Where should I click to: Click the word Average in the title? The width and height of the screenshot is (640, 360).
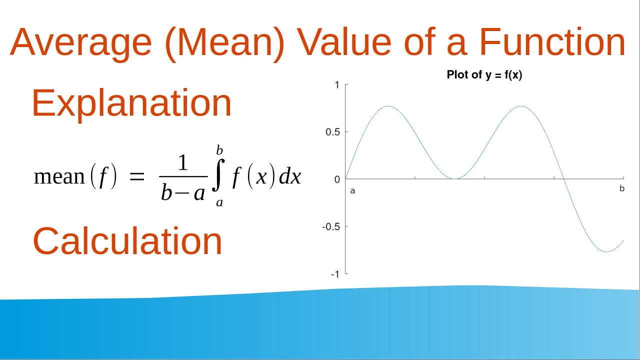80,42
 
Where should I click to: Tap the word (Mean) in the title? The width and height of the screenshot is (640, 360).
225,43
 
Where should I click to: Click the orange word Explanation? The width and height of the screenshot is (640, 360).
131,103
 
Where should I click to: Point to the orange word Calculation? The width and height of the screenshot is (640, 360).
127,241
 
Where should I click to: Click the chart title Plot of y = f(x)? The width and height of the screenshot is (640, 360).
484,75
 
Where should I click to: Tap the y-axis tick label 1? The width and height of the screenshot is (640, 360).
337,85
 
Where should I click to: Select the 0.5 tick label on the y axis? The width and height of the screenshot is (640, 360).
333,132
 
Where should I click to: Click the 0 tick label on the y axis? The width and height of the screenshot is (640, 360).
336,179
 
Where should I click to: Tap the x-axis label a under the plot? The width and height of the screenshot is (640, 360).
352,190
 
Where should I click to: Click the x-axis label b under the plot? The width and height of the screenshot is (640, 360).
622,189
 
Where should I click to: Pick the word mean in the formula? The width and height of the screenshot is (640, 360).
59,177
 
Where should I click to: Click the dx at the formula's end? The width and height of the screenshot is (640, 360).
290,177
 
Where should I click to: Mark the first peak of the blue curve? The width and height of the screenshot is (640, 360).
388,106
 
